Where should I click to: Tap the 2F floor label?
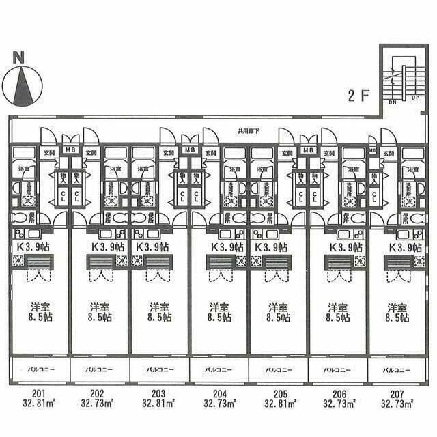[x=358, y=96]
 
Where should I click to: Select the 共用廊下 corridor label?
[x=247, y=132]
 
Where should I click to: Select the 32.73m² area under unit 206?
[x=339, y=404]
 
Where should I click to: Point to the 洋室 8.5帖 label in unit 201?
[x=40, y=312]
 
